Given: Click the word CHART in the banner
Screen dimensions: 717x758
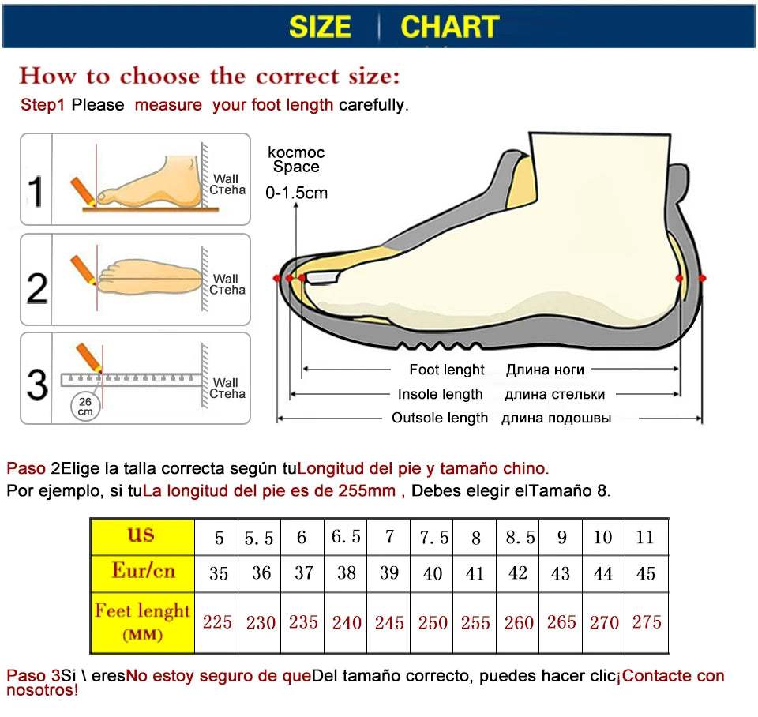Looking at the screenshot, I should (449, 26).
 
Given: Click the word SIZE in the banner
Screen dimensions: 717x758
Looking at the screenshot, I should (320, 26).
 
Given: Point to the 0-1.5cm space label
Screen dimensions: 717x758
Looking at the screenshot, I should (296, 192).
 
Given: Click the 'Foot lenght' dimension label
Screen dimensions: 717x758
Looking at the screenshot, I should (447, 370).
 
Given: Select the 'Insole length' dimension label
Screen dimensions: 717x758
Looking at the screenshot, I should (440, 394).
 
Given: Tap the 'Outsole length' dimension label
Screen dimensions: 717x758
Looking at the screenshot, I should (440, 418).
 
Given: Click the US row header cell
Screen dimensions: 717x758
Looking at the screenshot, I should (142, 536).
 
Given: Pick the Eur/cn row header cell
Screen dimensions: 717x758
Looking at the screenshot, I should (142, 572).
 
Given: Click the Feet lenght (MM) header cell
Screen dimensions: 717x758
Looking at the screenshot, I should (142, 621).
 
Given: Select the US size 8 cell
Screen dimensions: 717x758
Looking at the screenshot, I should (476, 538).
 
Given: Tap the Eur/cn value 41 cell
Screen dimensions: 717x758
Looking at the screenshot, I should (475, 574).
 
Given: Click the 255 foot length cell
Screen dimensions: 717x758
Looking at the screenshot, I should (475, 623).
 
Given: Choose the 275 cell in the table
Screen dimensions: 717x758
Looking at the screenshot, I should (647, 622).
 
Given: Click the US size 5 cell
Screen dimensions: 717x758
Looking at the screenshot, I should (219, 538).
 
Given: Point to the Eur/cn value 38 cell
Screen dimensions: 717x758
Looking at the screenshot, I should (347, 573).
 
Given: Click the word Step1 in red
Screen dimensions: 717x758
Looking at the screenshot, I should (43, 105).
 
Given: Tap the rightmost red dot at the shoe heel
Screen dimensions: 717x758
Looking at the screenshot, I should (702, 278).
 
